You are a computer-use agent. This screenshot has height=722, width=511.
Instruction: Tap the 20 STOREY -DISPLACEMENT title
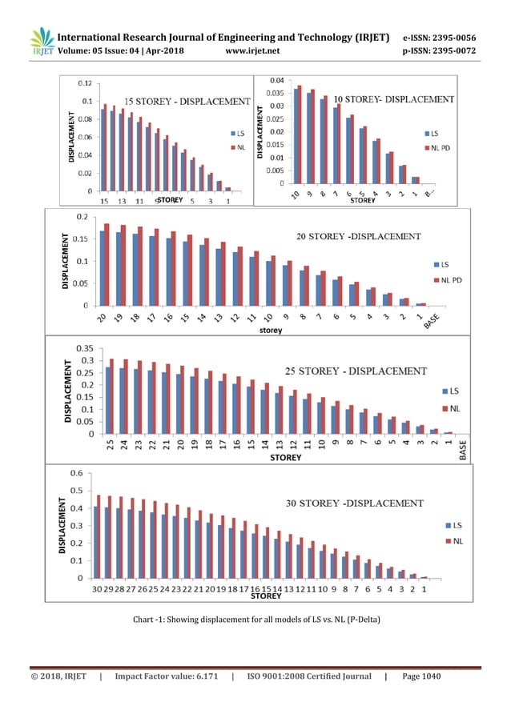pyautogui.click(x=353, y=236)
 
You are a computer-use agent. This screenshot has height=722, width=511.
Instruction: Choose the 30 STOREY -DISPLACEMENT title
pyautogui.click(x=356, y=503)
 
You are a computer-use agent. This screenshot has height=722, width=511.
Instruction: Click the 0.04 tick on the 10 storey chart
pyautogui.click(x=274, y=80)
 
